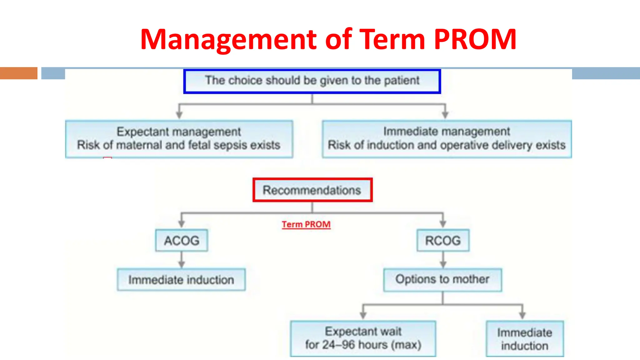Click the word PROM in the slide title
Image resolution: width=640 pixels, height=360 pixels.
click(475, 40)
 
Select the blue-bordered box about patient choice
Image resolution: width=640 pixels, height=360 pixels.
click(312, 81)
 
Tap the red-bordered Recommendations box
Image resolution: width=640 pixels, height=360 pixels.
click(312, 190)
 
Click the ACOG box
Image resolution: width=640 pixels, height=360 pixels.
click(182, 240)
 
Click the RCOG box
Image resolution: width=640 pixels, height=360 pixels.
click(443, 240)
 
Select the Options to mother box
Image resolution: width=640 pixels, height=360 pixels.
click(442, 279)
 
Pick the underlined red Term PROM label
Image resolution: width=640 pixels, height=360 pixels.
click(306, 224)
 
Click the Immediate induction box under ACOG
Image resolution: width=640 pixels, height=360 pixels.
click(181, 279)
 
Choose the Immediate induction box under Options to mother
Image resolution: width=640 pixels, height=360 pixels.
click(525, 339)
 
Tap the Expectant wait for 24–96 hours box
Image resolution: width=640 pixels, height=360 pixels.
click(363, 338)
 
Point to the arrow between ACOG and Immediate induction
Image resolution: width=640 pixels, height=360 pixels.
click(182, 260)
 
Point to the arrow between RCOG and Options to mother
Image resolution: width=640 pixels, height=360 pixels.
click(443, 260)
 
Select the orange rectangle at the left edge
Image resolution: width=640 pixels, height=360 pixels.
click(19, 73)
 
